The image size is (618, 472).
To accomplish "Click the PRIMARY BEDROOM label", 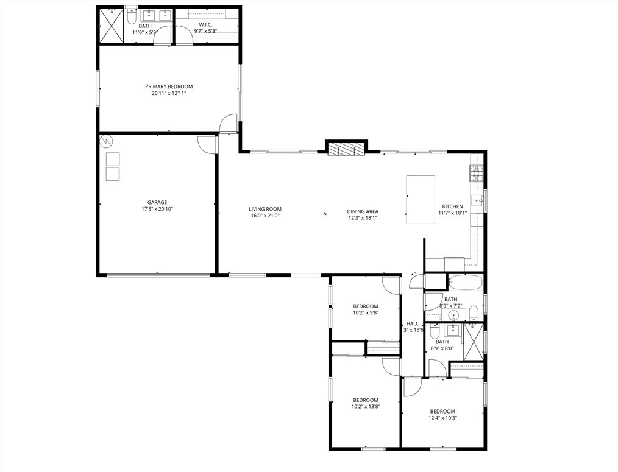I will pyautogui.click(x=169, y=86).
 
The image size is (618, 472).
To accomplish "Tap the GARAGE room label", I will pyautogui.click(x=157, y=203).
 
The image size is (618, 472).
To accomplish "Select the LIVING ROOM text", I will pyautogui.click(x=265, y=209).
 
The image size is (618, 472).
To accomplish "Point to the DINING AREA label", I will pyautogui.click(x=363, y=211).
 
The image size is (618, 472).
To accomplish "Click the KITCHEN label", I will pyautogui.click(x=452, y=206).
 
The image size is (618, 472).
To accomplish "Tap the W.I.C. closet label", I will pyautogui.click(x=205, y=25).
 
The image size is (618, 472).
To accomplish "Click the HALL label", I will pyautogui.click(x=413, y=323).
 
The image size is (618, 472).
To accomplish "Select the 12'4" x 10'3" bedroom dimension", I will pyautogui.click(x=442, y=418).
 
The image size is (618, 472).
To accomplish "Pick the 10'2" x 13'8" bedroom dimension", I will pyautogui.click(x=366, y=407).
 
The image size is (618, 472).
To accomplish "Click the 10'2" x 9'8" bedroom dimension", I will pyautogui.click(x=366, y=313).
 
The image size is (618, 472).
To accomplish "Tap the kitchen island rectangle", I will pyautogui.click(x=421, y=199).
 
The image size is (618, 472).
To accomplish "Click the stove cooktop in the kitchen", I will pyautogui.click(x=476, y=174).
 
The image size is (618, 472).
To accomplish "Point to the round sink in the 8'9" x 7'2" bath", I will pyautogui.click(x=453, y=315).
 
